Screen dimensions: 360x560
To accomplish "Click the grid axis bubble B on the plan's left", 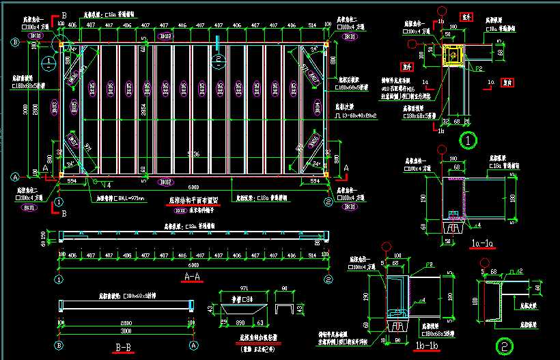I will (x=14, y=42).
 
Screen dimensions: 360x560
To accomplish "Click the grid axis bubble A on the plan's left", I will (x=14, y=176).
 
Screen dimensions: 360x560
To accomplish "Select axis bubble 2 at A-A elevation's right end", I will (x=328, y=279).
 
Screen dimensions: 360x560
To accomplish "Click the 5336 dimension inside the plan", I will (x=193, y=155).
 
